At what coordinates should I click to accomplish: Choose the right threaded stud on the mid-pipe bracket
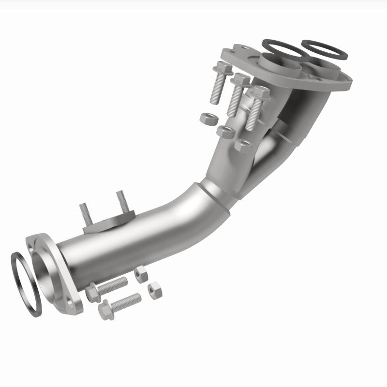tap(120, 199)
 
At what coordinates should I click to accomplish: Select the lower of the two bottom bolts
tap(119, 304)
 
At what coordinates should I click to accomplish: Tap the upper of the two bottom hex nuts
tap(141, 274)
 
